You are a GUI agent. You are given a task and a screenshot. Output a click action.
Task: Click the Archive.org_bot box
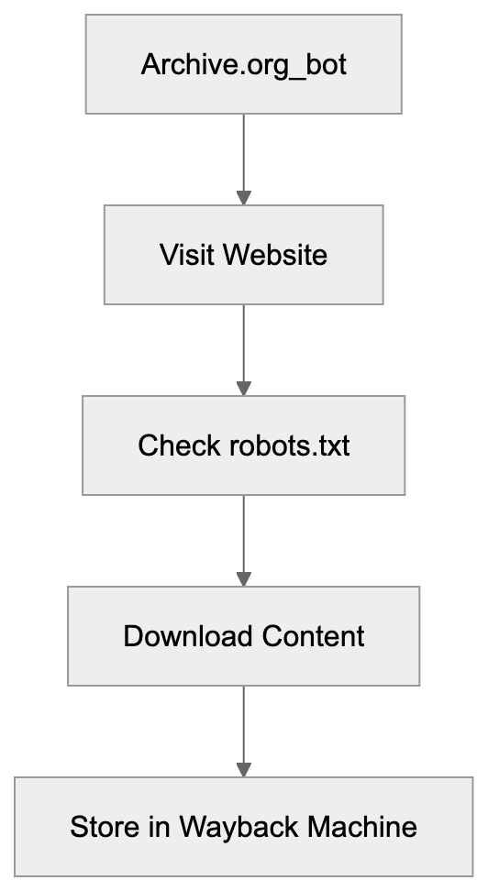point(243,64)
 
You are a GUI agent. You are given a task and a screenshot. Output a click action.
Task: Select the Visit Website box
point(243,254)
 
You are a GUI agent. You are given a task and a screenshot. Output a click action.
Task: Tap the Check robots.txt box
point(243,445)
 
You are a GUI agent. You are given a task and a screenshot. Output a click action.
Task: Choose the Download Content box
point(243,636)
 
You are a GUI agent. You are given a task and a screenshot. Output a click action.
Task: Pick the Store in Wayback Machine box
point(243,827)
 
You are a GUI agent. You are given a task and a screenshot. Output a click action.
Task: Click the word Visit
point(179,254)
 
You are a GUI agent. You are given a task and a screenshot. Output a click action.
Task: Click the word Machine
point(361,827)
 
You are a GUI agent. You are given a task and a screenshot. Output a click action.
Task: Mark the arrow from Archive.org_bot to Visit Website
point(243,156)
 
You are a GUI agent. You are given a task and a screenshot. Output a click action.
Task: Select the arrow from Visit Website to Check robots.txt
point(243,346)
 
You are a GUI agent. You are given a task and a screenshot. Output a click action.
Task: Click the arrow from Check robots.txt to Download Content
point(243,537)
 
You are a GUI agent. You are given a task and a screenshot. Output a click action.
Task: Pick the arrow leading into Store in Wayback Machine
point(243,728)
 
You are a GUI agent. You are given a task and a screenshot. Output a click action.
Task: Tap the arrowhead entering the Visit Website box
point(243,197)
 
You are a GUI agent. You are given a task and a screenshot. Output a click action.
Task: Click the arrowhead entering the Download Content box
point(243,578)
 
